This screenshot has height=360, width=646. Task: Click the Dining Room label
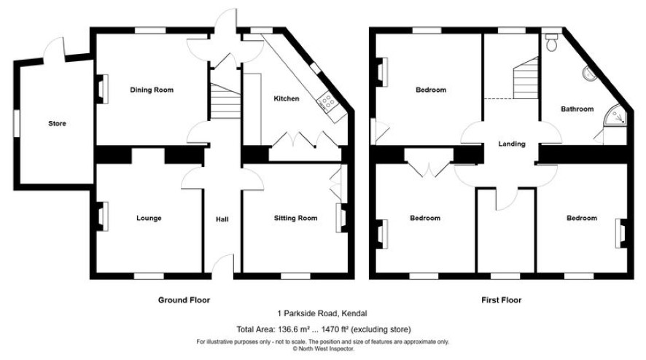152,90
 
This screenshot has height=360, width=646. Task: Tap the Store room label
57,124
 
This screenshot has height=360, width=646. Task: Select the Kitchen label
287,98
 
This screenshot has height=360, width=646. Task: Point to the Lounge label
149,218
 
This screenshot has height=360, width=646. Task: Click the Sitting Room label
296,218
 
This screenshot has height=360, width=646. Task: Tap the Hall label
222,219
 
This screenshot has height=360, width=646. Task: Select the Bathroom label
577,109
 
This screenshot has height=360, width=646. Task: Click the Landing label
512,144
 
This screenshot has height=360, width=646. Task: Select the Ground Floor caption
184,300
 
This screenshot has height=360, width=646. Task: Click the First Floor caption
501,300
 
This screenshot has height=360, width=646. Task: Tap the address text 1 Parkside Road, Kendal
322,313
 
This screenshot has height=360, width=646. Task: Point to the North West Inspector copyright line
323,348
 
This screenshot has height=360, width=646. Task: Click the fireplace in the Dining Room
102,89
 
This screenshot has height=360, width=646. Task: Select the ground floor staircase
225,101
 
